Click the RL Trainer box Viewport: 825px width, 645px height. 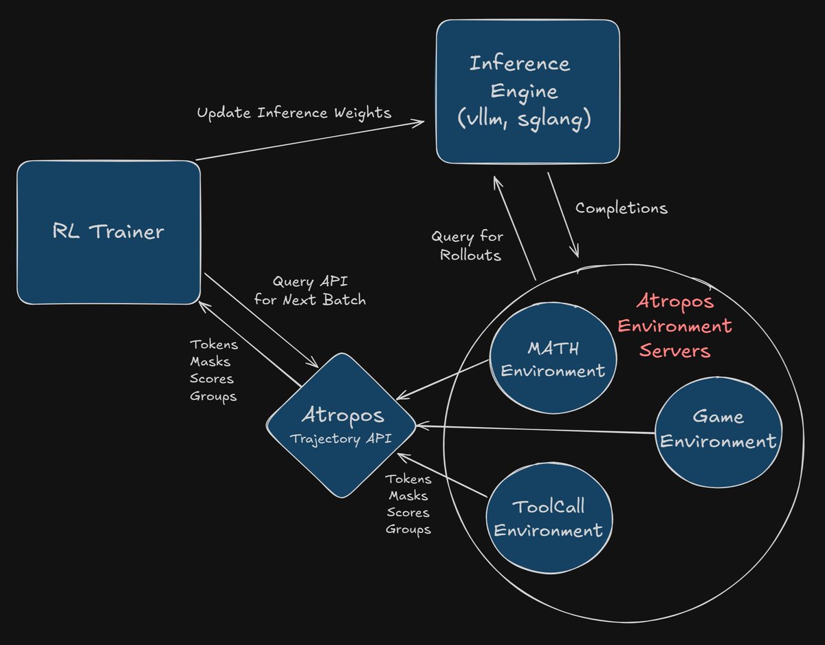tap(108, 232)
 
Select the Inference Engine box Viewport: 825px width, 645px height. tap(527, 91)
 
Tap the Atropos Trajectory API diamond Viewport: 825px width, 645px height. tap(342, 425)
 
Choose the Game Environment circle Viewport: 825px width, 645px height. tap(718, 429)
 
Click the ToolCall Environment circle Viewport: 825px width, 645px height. tap(548, 518)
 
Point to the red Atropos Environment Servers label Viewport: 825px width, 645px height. tap(674, 326)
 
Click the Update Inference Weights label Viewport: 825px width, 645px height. tap(294, 113)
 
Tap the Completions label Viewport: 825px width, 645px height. tap(621, 208)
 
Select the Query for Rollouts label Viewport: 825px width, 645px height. tap(467, 245)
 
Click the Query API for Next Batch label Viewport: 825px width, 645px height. tap(309, 290)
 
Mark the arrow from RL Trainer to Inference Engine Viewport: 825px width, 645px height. tap(309, 141)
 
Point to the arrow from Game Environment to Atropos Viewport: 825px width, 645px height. tap(536, 430)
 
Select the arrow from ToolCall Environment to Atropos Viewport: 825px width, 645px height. tap(443, 474)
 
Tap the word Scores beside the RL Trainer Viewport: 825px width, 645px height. tap(212, 379)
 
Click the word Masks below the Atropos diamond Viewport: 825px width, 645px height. tap(408, 496)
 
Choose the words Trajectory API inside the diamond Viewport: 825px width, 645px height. tap(341, 439)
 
